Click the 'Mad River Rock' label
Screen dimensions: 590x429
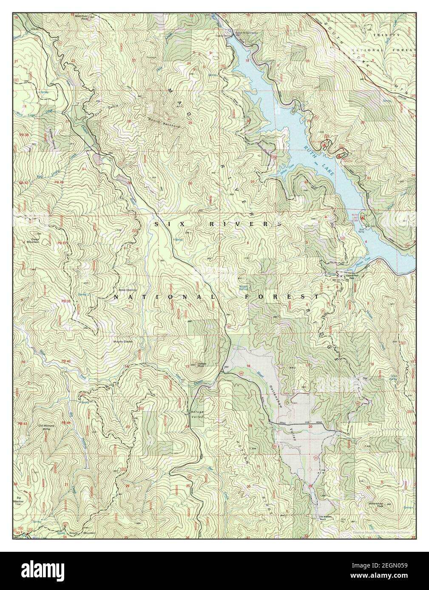[x=82, y=17]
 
